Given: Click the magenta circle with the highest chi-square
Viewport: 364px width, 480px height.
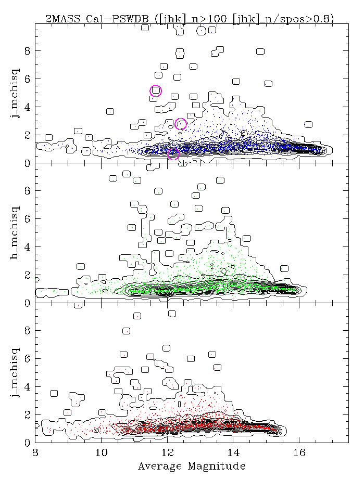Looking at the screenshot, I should pos(156,91).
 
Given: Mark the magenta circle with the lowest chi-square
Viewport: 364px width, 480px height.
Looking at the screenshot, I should pos(173,153).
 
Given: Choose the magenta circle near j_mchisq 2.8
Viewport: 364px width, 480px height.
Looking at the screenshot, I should pos(181,124).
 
